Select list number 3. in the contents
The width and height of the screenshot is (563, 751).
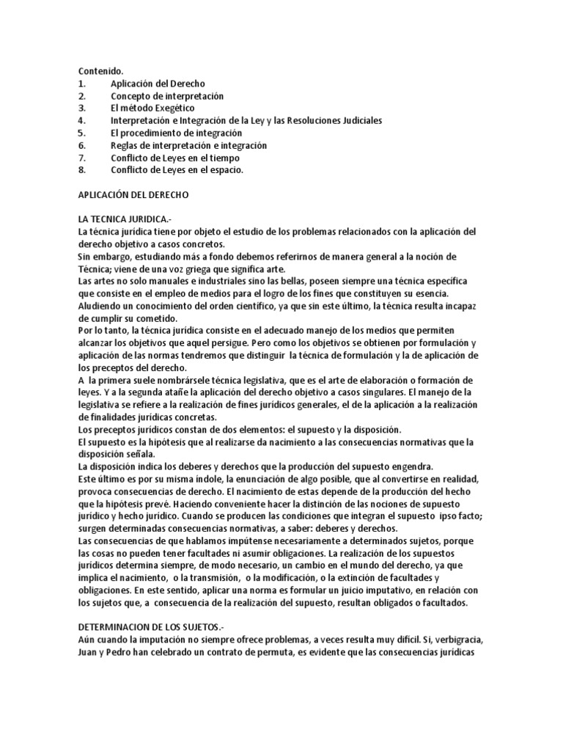81,108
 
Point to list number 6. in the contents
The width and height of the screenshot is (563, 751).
81,145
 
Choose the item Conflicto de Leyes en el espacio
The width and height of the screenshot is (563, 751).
177,169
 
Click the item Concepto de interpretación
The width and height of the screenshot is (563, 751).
167,96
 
